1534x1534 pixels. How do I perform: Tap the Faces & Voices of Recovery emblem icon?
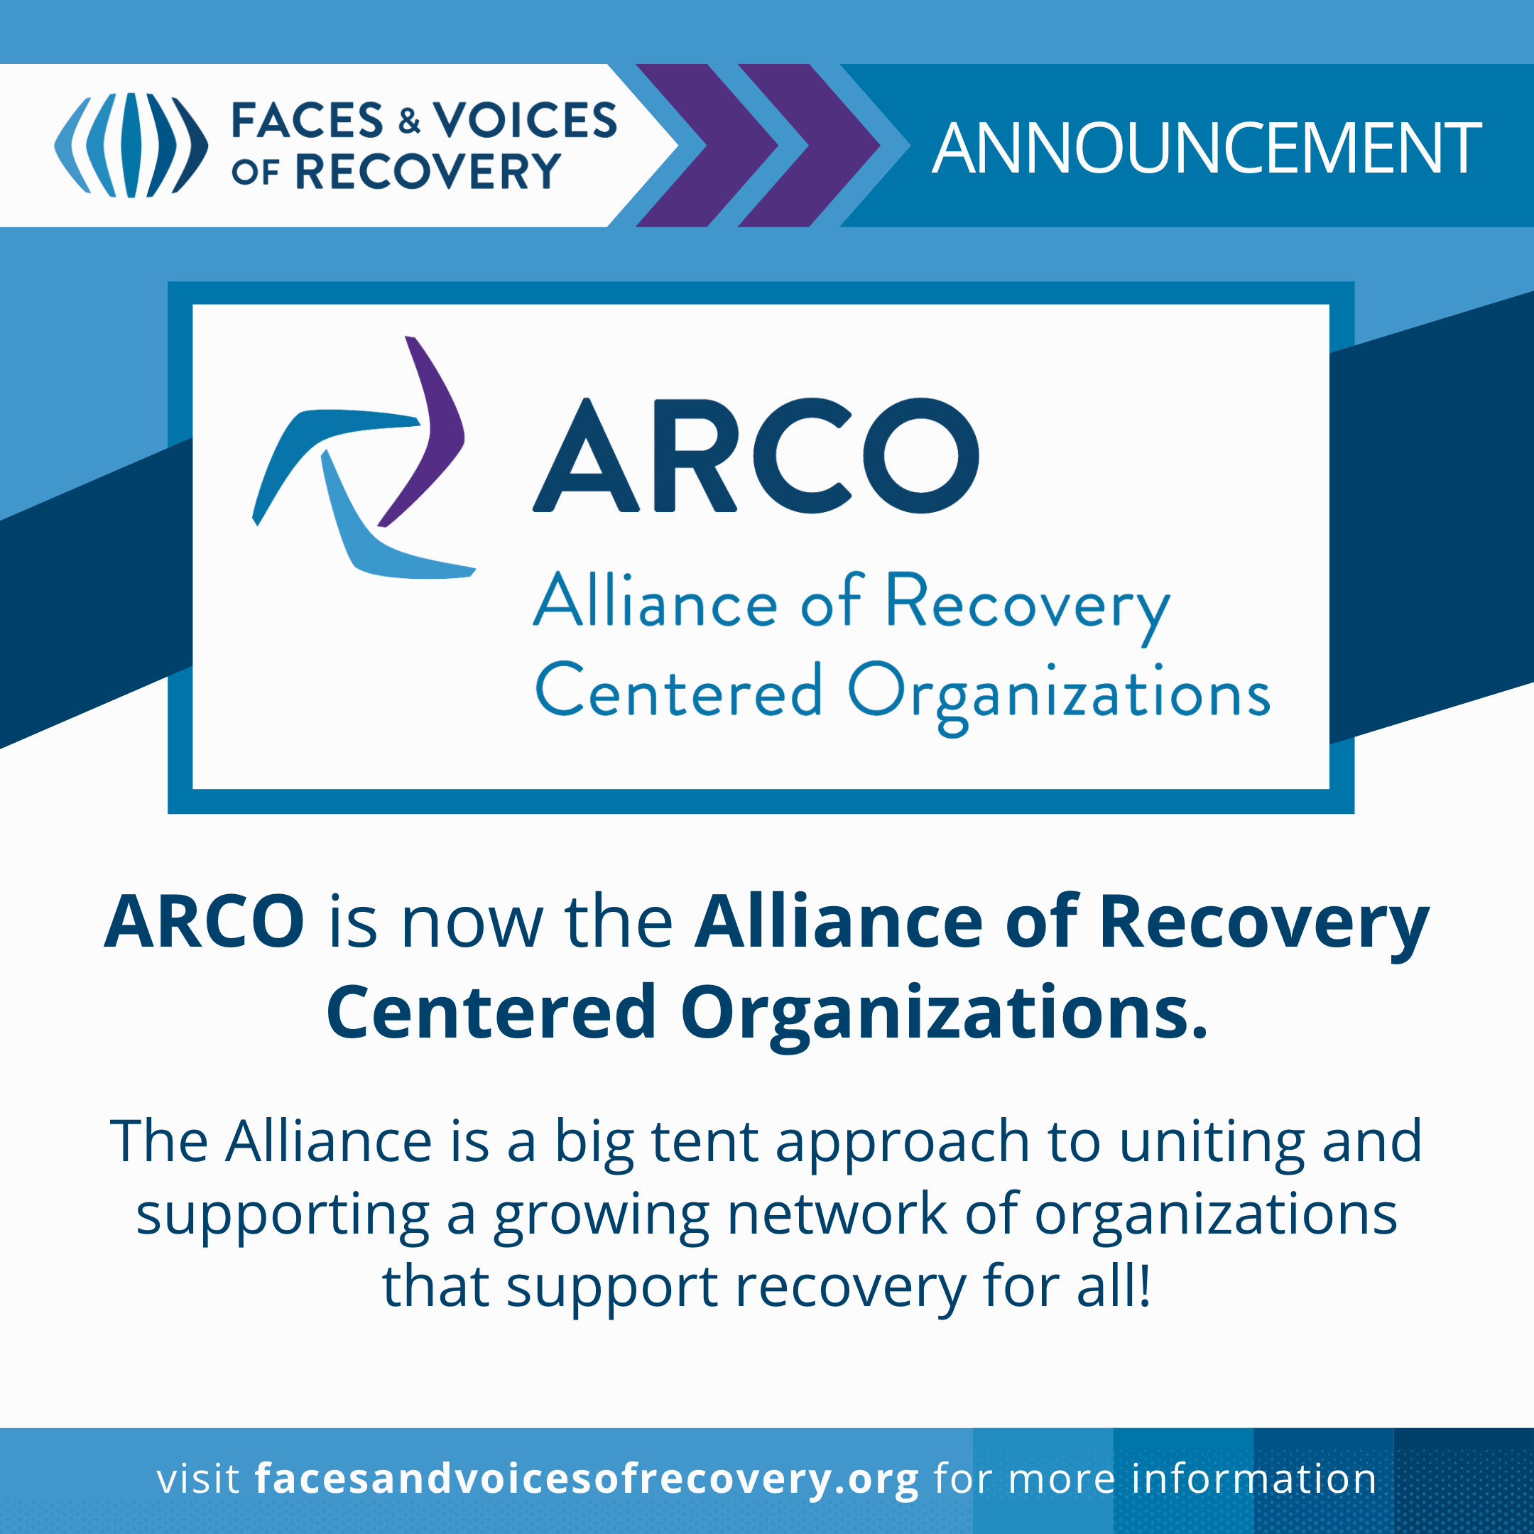tap(131, 146)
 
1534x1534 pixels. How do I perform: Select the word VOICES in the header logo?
tap(525, 120)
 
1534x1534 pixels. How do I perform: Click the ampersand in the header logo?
tap(410, 121)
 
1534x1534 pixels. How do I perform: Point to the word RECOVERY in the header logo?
tap(429, 171)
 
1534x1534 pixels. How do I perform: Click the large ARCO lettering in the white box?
tap(756, 456)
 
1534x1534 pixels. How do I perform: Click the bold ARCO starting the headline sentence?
tap(204, 921)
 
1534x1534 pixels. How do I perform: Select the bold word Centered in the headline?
tap(491, 1011)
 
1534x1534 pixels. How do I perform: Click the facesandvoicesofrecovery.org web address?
tap(587, 1479)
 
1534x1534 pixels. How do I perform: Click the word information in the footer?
tap(1253, 1479)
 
